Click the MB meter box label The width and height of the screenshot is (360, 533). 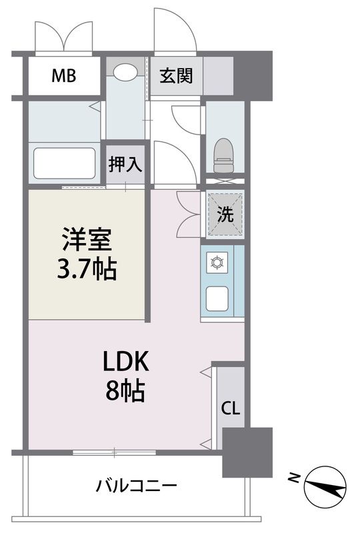(x=64, y=75)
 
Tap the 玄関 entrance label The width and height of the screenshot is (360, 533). (x=175, y=75)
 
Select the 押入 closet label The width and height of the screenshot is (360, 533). (x=125, y=164)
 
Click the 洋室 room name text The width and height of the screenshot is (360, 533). (x=87, y=239)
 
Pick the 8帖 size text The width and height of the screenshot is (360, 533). (x=125, y=392)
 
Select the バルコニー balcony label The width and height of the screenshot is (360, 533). (x=135, y=485)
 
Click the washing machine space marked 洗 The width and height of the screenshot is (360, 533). (x=224, y=215)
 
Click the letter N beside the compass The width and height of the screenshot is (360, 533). (x=294, y=477)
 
